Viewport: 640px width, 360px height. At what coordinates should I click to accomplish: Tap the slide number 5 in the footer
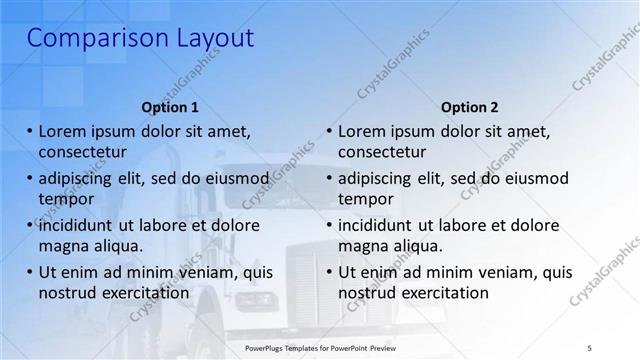[590, 347]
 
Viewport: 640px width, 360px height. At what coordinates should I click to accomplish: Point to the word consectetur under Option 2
[382, 152]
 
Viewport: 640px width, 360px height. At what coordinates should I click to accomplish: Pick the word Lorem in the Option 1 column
[62, 132]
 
